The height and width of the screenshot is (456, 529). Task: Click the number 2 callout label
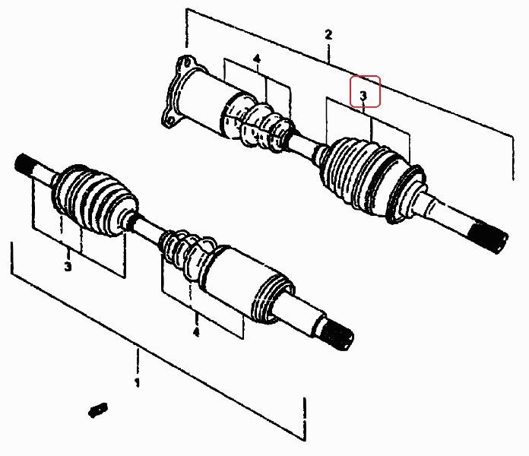click(x=328, y=35)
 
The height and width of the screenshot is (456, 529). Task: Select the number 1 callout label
click(x=137, y=382)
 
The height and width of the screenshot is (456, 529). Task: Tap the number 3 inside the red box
click(x=363, y=96)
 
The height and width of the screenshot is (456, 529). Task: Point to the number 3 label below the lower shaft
click(x=68, y=267)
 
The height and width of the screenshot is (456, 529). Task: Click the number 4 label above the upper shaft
click(x=257, y=59)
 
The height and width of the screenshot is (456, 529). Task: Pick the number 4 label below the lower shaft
click(x=196, y=332)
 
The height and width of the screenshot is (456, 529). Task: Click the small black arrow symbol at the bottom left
click(x=98, y=410)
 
